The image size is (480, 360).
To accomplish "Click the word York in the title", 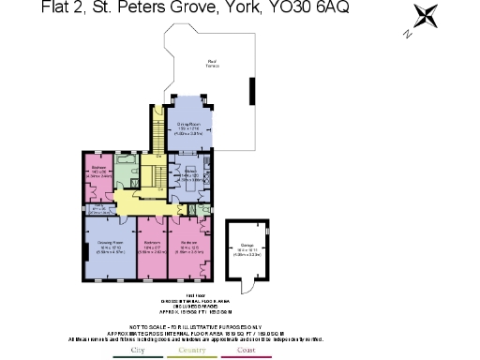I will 253,8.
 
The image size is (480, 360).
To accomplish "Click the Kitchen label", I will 189,172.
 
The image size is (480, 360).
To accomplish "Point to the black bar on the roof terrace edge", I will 251,92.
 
